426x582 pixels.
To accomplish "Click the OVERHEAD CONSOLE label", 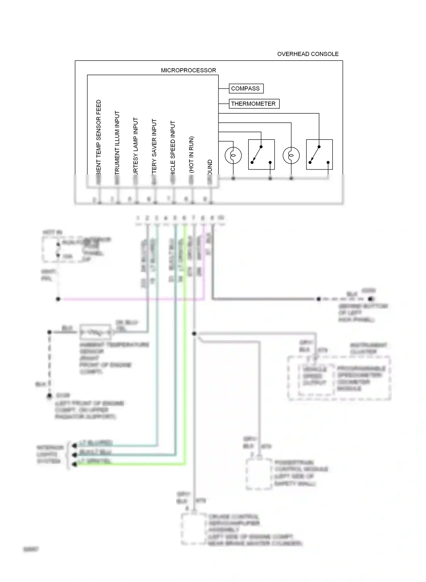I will point(308,54).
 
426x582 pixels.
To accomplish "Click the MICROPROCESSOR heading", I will point(188,70).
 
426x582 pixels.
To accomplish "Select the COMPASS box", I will point(246,88).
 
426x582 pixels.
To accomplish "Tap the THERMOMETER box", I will point(254,104).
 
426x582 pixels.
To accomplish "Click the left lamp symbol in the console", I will point(233,155).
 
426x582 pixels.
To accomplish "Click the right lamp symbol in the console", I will point(291,155).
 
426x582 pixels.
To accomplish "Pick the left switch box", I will point(261,155).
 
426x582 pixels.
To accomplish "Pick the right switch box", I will point(319,155).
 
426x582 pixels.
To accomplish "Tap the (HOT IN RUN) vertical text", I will point(191,154).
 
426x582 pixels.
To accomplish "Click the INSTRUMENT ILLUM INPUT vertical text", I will point(117,142).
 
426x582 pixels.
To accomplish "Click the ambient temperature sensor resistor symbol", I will point(95,332).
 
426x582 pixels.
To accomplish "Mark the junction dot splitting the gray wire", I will point(194,333).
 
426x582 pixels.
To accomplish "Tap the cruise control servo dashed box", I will point(194,529).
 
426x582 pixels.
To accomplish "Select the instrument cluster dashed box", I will point(339,378).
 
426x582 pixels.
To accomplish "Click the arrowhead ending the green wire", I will point(74,464).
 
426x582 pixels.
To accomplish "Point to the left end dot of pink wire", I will point(58,299).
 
